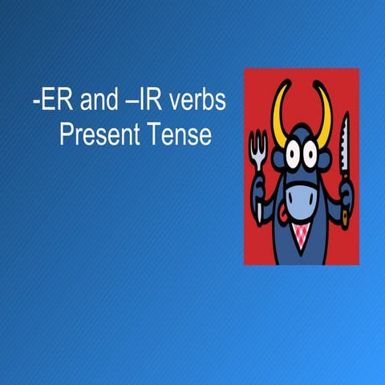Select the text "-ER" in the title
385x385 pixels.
tap(42, 103)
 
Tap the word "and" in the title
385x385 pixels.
tap(86, 103)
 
